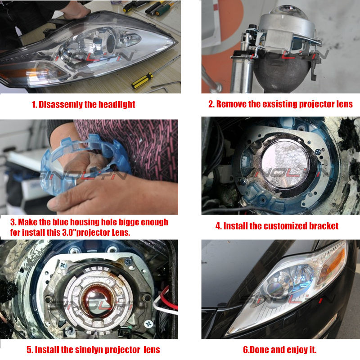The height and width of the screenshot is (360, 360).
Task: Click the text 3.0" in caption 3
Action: click(69, 233)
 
